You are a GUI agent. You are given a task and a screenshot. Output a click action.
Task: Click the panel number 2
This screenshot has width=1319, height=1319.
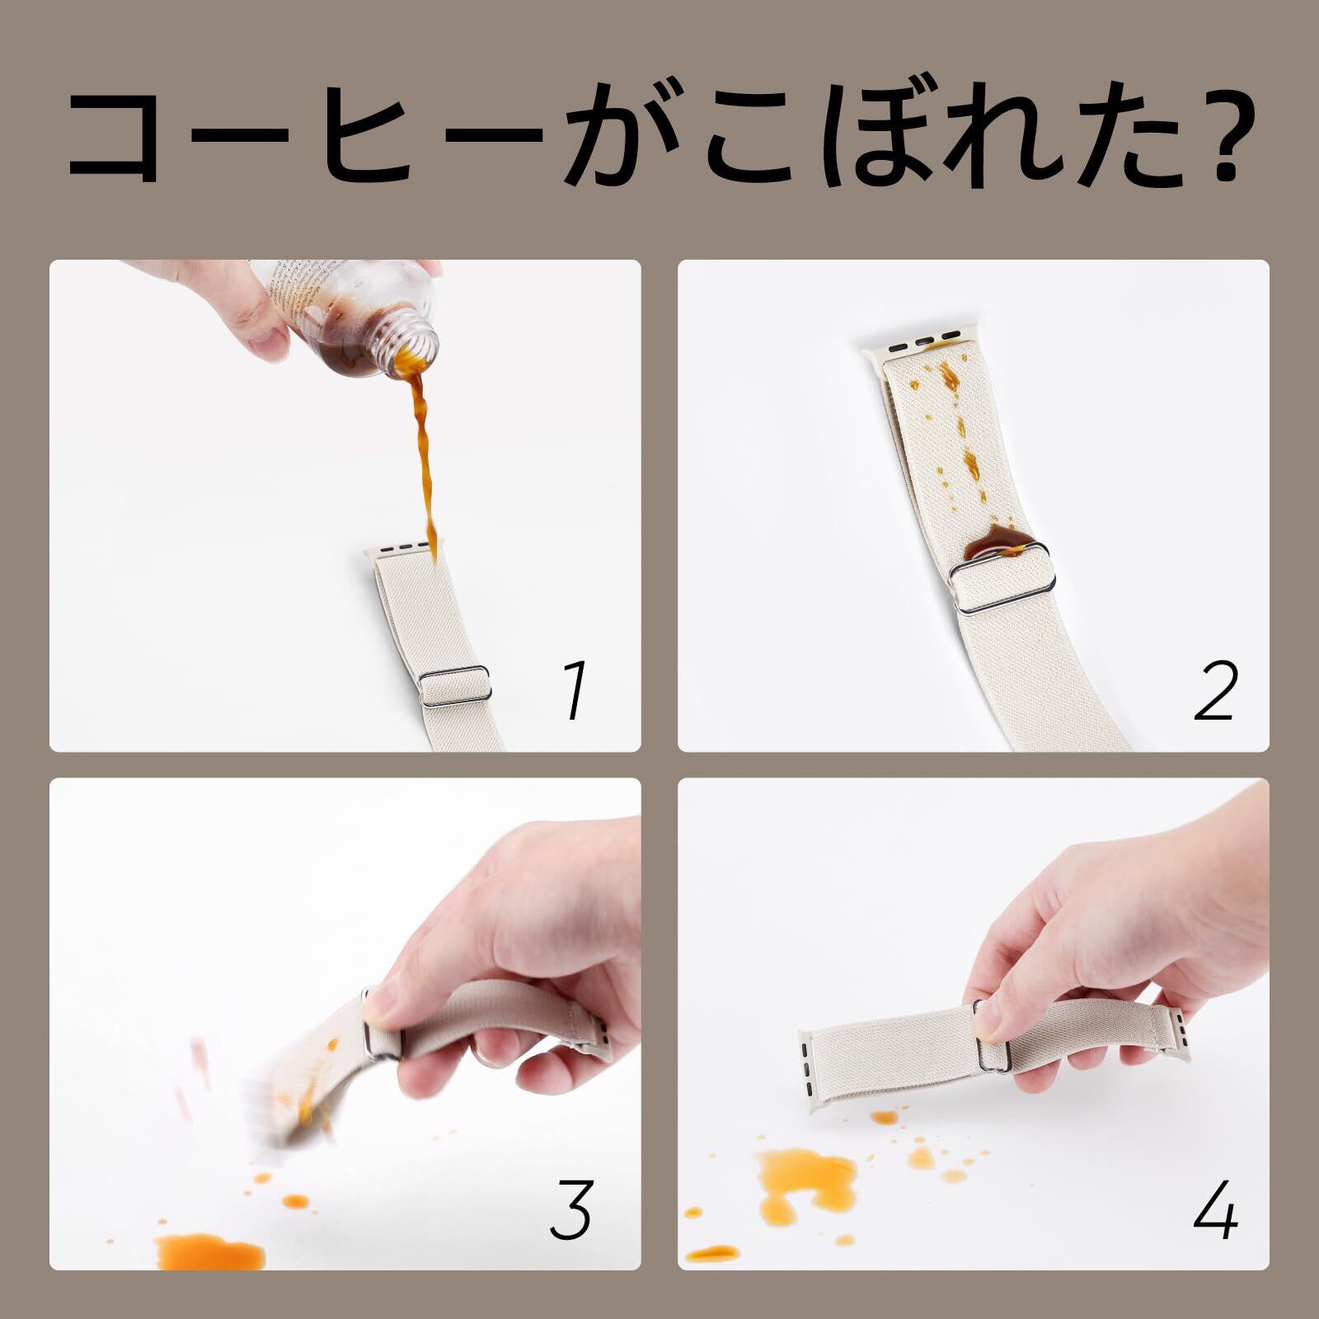1216,692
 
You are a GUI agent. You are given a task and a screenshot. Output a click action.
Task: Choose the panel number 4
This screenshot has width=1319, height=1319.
1216,1209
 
